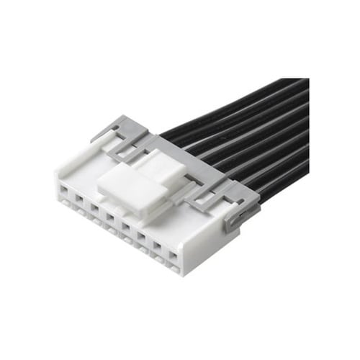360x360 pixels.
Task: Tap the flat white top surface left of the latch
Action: [83, 169]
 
